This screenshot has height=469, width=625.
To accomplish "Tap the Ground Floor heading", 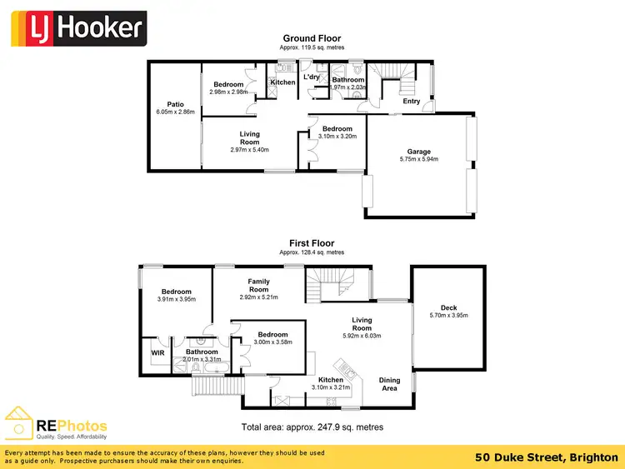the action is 312,38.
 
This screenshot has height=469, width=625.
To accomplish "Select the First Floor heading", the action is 312,242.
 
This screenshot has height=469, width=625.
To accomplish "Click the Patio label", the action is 175,103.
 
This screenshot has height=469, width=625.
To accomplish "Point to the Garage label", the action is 417,151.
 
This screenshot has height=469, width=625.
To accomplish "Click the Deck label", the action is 449,308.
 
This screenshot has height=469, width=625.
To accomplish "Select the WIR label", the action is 157,352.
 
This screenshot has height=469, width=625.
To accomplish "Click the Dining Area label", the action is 390,384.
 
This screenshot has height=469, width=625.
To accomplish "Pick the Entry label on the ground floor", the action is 412,102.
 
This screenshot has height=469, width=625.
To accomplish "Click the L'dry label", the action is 312,77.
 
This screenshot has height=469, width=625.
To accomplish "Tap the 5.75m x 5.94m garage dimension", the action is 417,159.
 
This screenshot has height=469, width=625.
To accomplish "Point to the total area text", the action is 312,427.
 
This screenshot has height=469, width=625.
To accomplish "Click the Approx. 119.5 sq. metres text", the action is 312,47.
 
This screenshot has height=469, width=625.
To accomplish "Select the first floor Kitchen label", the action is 330,380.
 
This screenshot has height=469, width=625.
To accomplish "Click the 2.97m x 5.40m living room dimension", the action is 249,150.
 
